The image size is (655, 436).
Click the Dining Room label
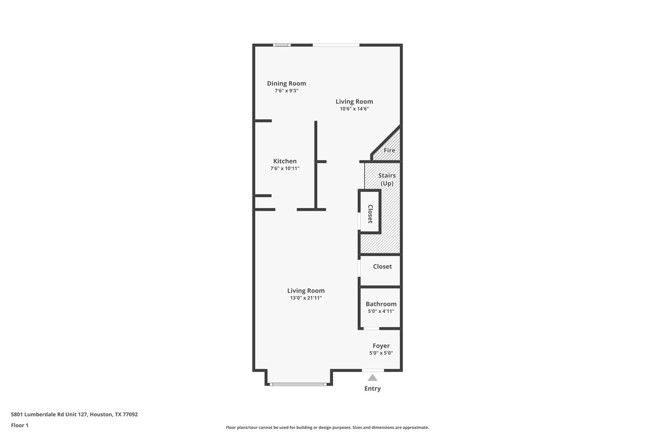(286, 83)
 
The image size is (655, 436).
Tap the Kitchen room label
(285, 161)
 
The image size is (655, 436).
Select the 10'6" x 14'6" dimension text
(354, 109)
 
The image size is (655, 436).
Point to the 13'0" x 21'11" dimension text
(306, 298)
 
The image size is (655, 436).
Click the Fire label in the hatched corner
(389, 150)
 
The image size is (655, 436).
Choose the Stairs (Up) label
(387, 179)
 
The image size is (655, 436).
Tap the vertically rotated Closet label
(370, 214)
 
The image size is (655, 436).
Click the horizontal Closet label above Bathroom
(382, 266)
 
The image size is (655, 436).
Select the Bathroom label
(381, 304)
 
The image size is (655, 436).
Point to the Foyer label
(381, 346)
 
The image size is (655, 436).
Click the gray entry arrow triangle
(372, 378)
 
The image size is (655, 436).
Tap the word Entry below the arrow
(372, 389)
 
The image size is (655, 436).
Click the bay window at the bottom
(298, 384)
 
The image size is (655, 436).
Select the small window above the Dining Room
(282, 45)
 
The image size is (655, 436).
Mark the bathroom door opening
(371, 328)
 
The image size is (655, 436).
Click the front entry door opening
(373, 371)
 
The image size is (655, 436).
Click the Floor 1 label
(20, 425)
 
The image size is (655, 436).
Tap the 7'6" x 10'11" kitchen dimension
(285, 169)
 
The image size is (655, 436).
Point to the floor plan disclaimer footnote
(327, 427)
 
